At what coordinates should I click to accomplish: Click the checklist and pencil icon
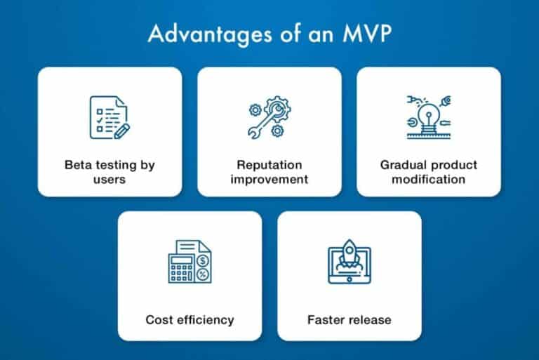[109, 117]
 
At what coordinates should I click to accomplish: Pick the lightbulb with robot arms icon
[428, 116]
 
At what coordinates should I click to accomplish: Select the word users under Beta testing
[109, 179]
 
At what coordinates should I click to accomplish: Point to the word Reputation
[269, 166]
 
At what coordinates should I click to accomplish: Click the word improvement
[269, 179]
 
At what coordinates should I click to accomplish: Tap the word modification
[428, 179]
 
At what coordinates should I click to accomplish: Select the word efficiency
[204, 320]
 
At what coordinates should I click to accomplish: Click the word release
[369, 320]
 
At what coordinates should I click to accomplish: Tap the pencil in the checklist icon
[121, 128]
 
